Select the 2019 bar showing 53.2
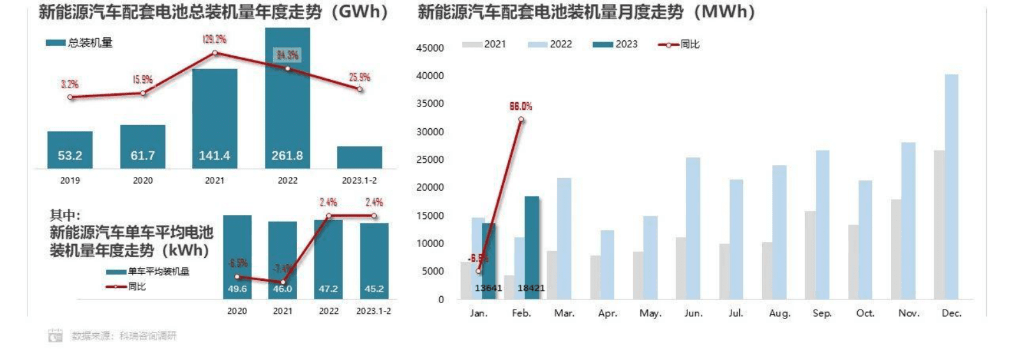pyautogui.click(x=70, y=151)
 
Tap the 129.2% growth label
pyautogui.click(x=214, y=40)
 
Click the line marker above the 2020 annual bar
pyautogui.click(x=142, y=93)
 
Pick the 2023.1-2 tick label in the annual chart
pyautogui.click(x=359, y=181)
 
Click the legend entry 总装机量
pyautogui.click(x=80, y=43)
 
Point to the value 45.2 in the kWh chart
pyautogui.click(x=374, y=289)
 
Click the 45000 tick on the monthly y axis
pyautogui.click(x=430, y=48)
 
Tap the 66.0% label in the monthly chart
pyautogui.click(x=521, y=107)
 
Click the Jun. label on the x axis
pyautogui.click(x=693, y=313)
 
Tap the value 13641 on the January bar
pyautogui.click(x=488, y=289)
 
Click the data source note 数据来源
pyautogui.click(x=123, y=336)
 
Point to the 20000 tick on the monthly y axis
pyautogui.click(x=430, y=188)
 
